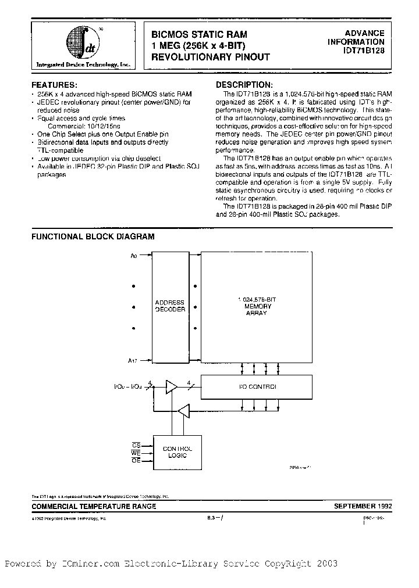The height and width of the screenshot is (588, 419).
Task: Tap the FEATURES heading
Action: tap(54, 84)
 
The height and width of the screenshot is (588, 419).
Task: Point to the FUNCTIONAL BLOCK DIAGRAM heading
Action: tap(93, 236)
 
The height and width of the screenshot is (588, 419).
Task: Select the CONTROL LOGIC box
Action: tap(177, 452)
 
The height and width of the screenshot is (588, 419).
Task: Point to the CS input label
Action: tap(137, 444)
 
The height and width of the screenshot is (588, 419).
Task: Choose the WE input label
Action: tap(137, 452)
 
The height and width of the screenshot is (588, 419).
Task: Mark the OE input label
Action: tap(137, 460)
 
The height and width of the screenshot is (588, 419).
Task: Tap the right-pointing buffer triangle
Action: tap(173, 386)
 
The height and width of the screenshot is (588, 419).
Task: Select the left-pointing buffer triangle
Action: tap(184, 411)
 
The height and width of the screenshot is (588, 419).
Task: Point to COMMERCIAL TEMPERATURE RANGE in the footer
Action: tap(93, 506)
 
